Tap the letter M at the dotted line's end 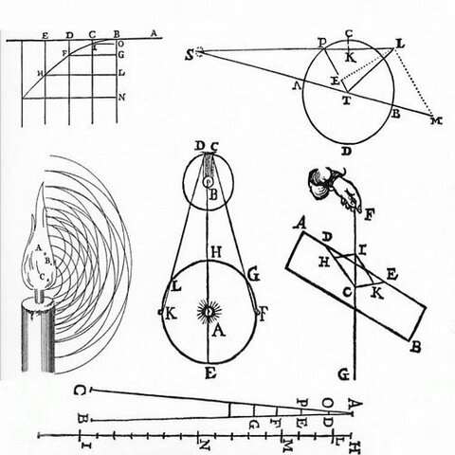click(x=436, y=121)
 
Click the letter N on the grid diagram click(x=122, y=97)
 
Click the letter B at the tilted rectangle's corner click(x=414, y=348)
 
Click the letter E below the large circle click(x=209, y=372)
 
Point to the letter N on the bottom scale click(x=204, y=442)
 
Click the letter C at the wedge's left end click(x=82, y=391)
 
